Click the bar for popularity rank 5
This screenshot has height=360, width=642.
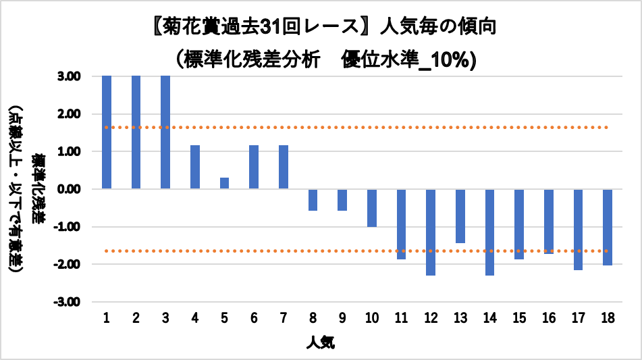pyautogui.click(x=224, y=183)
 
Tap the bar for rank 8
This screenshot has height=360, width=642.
pyautogui.click(x=313, y=200)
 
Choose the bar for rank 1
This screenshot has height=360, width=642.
pyautogui.click(x=107, y=132)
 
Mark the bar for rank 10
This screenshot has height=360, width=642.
pyautogui.click(x=372, y=208)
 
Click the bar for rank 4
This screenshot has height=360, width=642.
pyautogui.click(x=195, y=167)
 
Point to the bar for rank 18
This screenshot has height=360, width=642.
pyautogui.click(x=608, y=228)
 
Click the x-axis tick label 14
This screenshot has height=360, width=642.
pyautogui.click(x=489, y=317)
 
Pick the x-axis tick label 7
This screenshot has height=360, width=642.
pyautogui.click(x=284, y=317)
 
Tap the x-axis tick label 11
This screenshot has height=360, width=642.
pyautogui.click(x=401, y=317)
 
